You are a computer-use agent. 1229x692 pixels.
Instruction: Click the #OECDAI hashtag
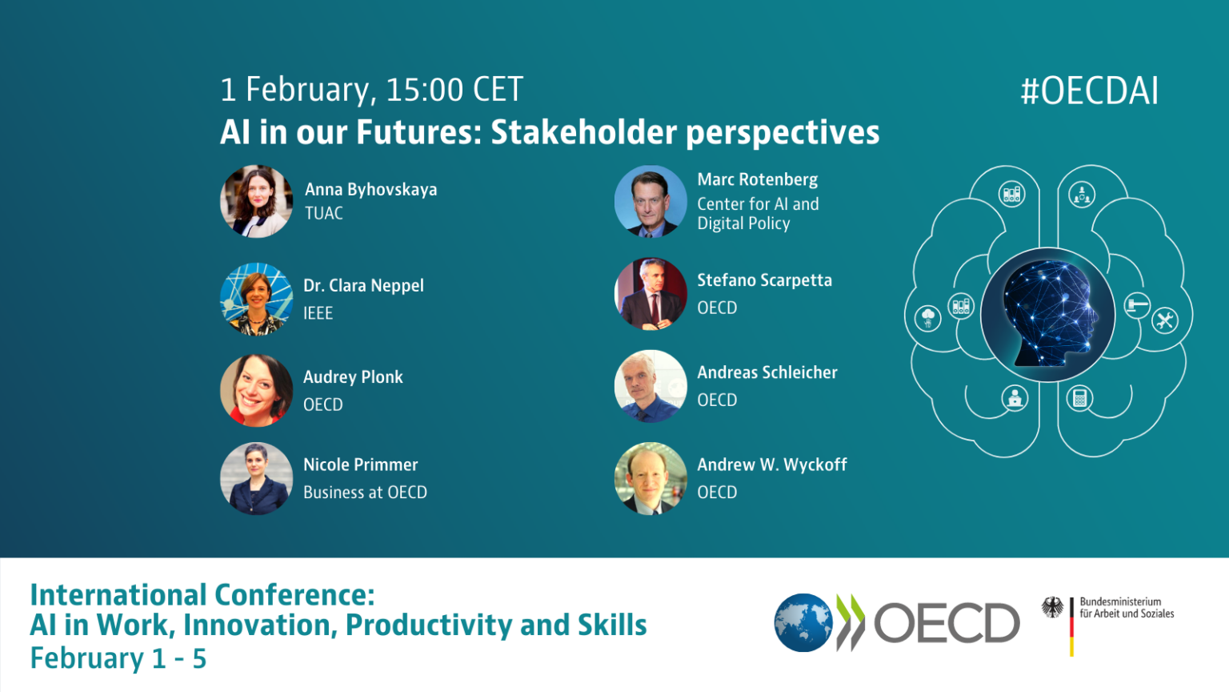(1089, 91)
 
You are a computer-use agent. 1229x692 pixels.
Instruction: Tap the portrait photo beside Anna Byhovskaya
(256, 201)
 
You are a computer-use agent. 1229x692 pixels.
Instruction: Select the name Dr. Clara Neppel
(363, 286)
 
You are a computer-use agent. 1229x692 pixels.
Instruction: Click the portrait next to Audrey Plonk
(256, 390)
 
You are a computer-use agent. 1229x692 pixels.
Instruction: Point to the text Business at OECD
(365, 493)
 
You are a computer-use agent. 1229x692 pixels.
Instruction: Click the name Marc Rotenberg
(757, 179)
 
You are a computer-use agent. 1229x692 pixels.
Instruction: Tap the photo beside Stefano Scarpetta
(650, 294)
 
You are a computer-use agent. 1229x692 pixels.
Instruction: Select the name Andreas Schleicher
(767, 372)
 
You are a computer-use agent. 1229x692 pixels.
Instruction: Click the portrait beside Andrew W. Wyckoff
(650, 478)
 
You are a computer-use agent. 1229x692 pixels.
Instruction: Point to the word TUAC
(324, 214)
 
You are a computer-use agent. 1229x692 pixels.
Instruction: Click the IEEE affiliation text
(318, 313)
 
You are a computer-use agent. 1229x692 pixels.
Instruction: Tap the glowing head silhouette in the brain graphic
(1047, 315)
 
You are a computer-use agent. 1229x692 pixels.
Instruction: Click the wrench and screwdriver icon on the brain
(1164, 320)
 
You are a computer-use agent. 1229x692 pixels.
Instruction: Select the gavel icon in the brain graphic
(1137, 305)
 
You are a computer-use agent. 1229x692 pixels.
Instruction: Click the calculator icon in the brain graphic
(1079, 397)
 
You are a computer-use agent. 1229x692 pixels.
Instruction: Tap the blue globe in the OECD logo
(803, 622)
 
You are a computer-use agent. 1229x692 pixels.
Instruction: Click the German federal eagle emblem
(1052, 607)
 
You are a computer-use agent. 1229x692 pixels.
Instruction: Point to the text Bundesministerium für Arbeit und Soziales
(1126, 608)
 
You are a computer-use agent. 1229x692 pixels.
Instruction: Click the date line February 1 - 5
(118, 659)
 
